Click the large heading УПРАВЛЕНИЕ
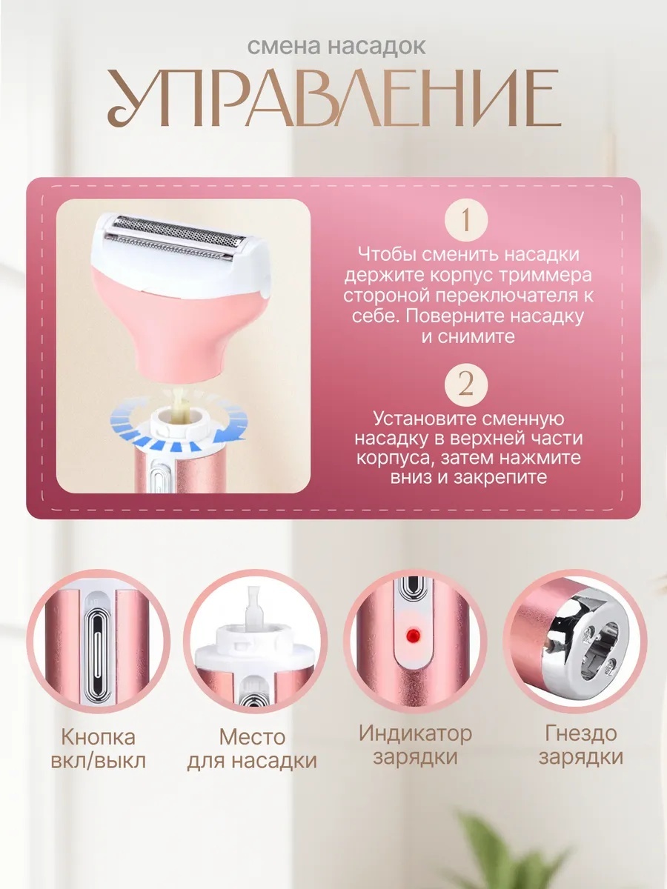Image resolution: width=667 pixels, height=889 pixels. point(334,99)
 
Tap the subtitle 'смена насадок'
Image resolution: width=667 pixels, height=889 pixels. point(336,47)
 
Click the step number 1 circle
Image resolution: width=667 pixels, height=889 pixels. point(466,220)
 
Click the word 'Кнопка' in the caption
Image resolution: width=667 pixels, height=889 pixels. point(98,736)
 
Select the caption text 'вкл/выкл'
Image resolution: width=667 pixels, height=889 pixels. point(98,761)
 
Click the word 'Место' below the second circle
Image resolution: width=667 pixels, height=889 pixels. point(252,736)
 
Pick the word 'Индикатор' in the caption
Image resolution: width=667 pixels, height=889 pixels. point(415,733)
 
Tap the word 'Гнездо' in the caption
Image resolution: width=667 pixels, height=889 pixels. point(580,733)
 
